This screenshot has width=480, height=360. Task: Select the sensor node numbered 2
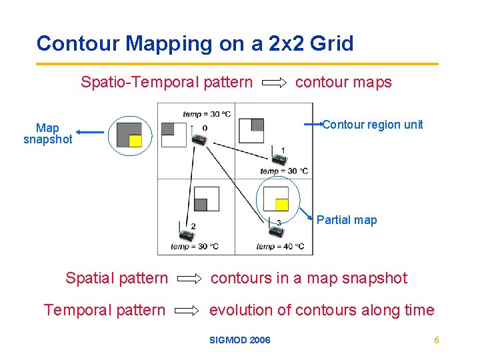click(x=185, y=235)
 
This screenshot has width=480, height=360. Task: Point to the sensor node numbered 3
click(x=275, y=231)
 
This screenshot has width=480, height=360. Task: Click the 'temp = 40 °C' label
click(x=280, y=247)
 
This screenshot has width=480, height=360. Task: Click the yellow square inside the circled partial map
click(x=282, y=205)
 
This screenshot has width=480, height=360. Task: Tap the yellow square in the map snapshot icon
click(x=135, y=141)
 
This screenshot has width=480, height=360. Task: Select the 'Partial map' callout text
click(x=346, y=220)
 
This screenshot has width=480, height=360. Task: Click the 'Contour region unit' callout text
click(x=373, y=125)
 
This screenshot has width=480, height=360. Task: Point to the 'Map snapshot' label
click(x=48, y=133)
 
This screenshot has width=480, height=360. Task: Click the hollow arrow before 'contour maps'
click(x=274, y=83)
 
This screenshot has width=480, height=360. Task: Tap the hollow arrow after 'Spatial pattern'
click(x=190, y=279)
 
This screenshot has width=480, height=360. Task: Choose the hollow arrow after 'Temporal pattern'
click(x=190, y=311)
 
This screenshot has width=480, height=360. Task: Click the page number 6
click(x=437, y=341)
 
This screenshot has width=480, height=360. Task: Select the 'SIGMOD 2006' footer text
click(x=240, y=341)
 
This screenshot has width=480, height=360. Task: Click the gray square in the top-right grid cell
click(x=257, y=125)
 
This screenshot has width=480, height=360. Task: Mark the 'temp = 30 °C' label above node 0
click(x=207, y=114)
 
